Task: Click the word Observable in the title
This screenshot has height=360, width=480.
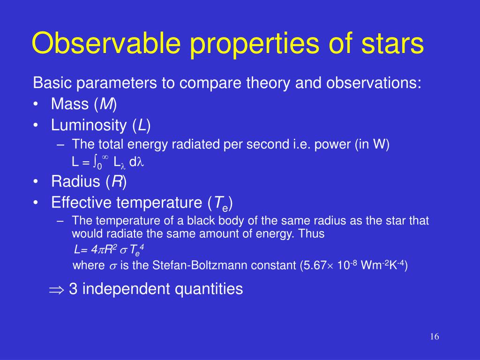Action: point(106,42)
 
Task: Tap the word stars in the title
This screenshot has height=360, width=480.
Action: point(392,44)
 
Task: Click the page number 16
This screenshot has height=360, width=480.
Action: point(435,337)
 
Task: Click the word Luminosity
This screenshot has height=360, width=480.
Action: point(89,125)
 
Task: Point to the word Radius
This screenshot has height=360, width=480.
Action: point(75,181)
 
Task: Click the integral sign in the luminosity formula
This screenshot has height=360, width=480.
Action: point(95,161)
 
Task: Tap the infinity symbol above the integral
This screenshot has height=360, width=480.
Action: point(105,157)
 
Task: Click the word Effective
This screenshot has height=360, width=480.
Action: point(81,202)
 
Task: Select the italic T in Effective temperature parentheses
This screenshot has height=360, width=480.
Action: point(217,202)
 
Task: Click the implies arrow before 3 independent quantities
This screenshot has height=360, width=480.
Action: point(57,289)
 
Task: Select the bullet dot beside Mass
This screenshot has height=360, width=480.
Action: point(36,105)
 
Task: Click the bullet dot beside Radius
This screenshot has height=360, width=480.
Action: point(36,181)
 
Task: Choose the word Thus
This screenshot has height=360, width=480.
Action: point(311,233)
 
